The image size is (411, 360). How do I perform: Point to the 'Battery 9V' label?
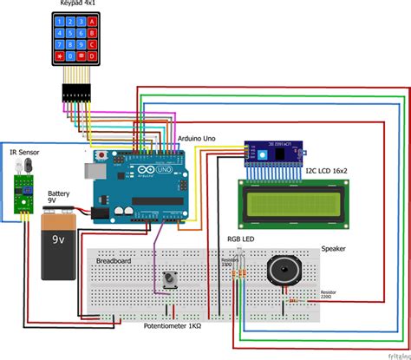[x=58, y=199]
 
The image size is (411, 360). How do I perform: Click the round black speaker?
[x=285, y=272]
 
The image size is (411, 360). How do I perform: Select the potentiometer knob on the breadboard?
[x=171, y=279]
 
